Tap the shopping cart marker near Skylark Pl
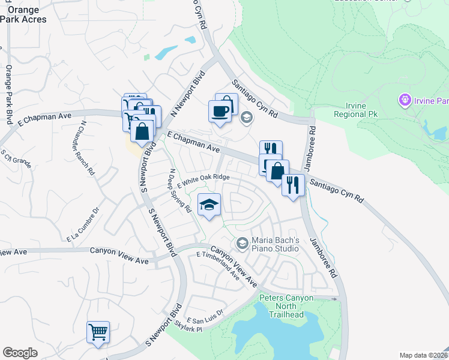tap(98, 331)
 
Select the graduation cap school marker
tap(208, 206)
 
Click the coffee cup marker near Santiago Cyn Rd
tap(219, 111)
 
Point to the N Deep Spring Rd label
tap(180, 191)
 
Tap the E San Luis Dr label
tap(205, 316)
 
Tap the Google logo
tap(20, 353)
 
